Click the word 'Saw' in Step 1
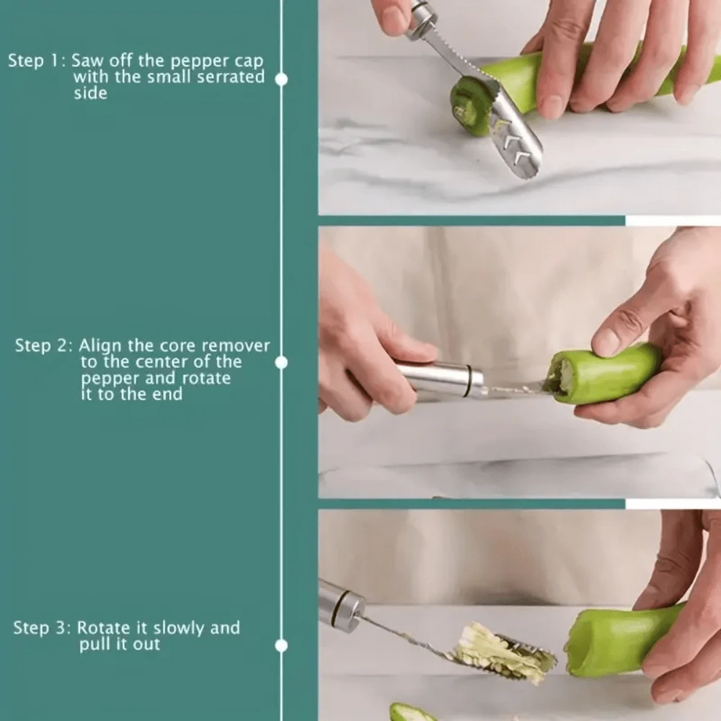(x=87, y=61)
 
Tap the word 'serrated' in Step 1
(x=232, y=77)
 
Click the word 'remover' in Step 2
(x=236, y=345)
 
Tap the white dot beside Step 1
(x=282, y=79)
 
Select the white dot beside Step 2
(x=282, y=362)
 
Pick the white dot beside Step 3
(x=282, y=645)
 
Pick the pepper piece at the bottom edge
(x=411, y=713)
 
